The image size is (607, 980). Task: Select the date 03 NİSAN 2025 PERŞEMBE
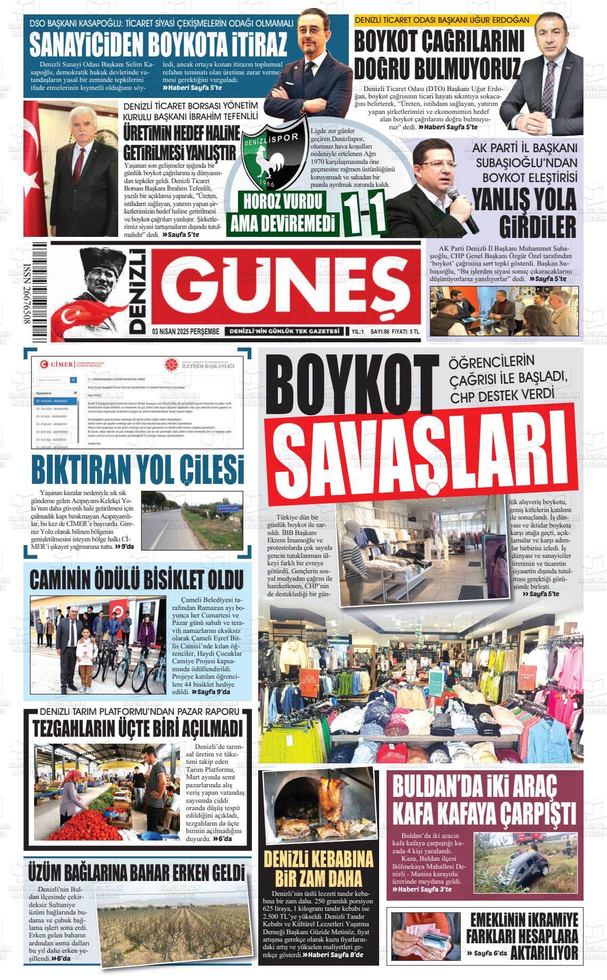(185, 332)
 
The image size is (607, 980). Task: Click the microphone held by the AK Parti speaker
(462, 213)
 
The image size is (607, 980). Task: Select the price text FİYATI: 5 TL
(403, 332)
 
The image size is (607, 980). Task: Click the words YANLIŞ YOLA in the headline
(524, 200)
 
